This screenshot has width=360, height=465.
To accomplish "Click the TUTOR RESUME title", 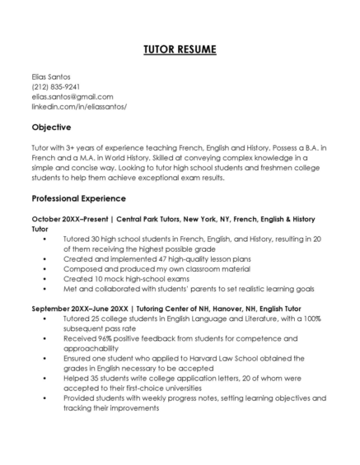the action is (x=180, y=50).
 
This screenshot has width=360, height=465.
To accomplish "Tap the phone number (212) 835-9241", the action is (x=55, y=86).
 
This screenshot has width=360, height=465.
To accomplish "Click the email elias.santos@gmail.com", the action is (x=72, y=96).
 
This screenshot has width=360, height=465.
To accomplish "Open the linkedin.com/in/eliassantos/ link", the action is (x=79, y=106).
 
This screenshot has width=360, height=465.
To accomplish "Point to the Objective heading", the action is (x=51, y=128).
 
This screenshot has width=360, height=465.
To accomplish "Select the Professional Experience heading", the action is (x=78, y=198).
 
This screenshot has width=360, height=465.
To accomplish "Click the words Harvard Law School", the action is (x=215, y=358).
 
